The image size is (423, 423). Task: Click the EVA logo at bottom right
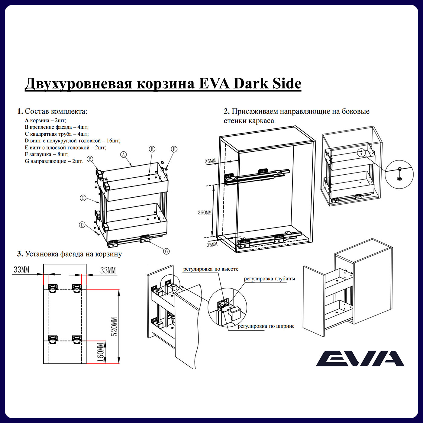[x=360, y=358]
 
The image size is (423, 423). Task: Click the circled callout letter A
[x=123, y=155]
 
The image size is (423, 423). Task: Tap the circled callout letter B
[x=90, y=159]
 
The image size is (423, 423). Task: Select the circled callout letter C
[x=83, y=198]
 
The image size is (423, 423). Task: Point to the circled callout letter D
[x=82, y=225]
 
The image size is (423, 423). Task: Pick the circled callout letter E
[x=152, y=149]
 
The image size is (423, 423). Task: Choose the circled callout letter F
[x=174, y=149]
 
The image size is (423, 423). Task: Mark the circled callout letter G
[x=166, y=251]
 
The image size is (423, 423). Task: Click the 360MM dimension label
[x=205, y=213]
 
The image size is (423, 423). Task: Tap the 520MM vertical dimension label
[x=114, y=327]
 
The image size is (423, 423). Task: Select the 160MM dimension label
[x=101, y=352]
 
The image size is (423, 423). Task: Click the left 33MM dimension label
[x=21, y=270]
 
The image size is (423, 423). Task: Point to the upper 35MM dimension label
[x=210, y=161]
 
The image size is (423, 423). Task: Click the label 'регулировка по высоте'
[x=211, y=269]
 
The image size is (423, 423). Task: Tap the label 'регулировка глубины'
[x=269, y=279]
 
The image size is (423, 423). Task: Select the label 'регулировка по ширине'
[x=266, y=326]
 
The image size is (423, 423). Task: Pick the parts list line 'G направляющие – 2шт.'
[x=54, y=161]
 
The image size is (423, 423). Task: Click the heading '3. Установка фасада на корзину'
[x=69, y=254]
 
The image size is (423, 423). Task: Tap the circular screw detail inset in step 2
[x=399, y=174]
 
